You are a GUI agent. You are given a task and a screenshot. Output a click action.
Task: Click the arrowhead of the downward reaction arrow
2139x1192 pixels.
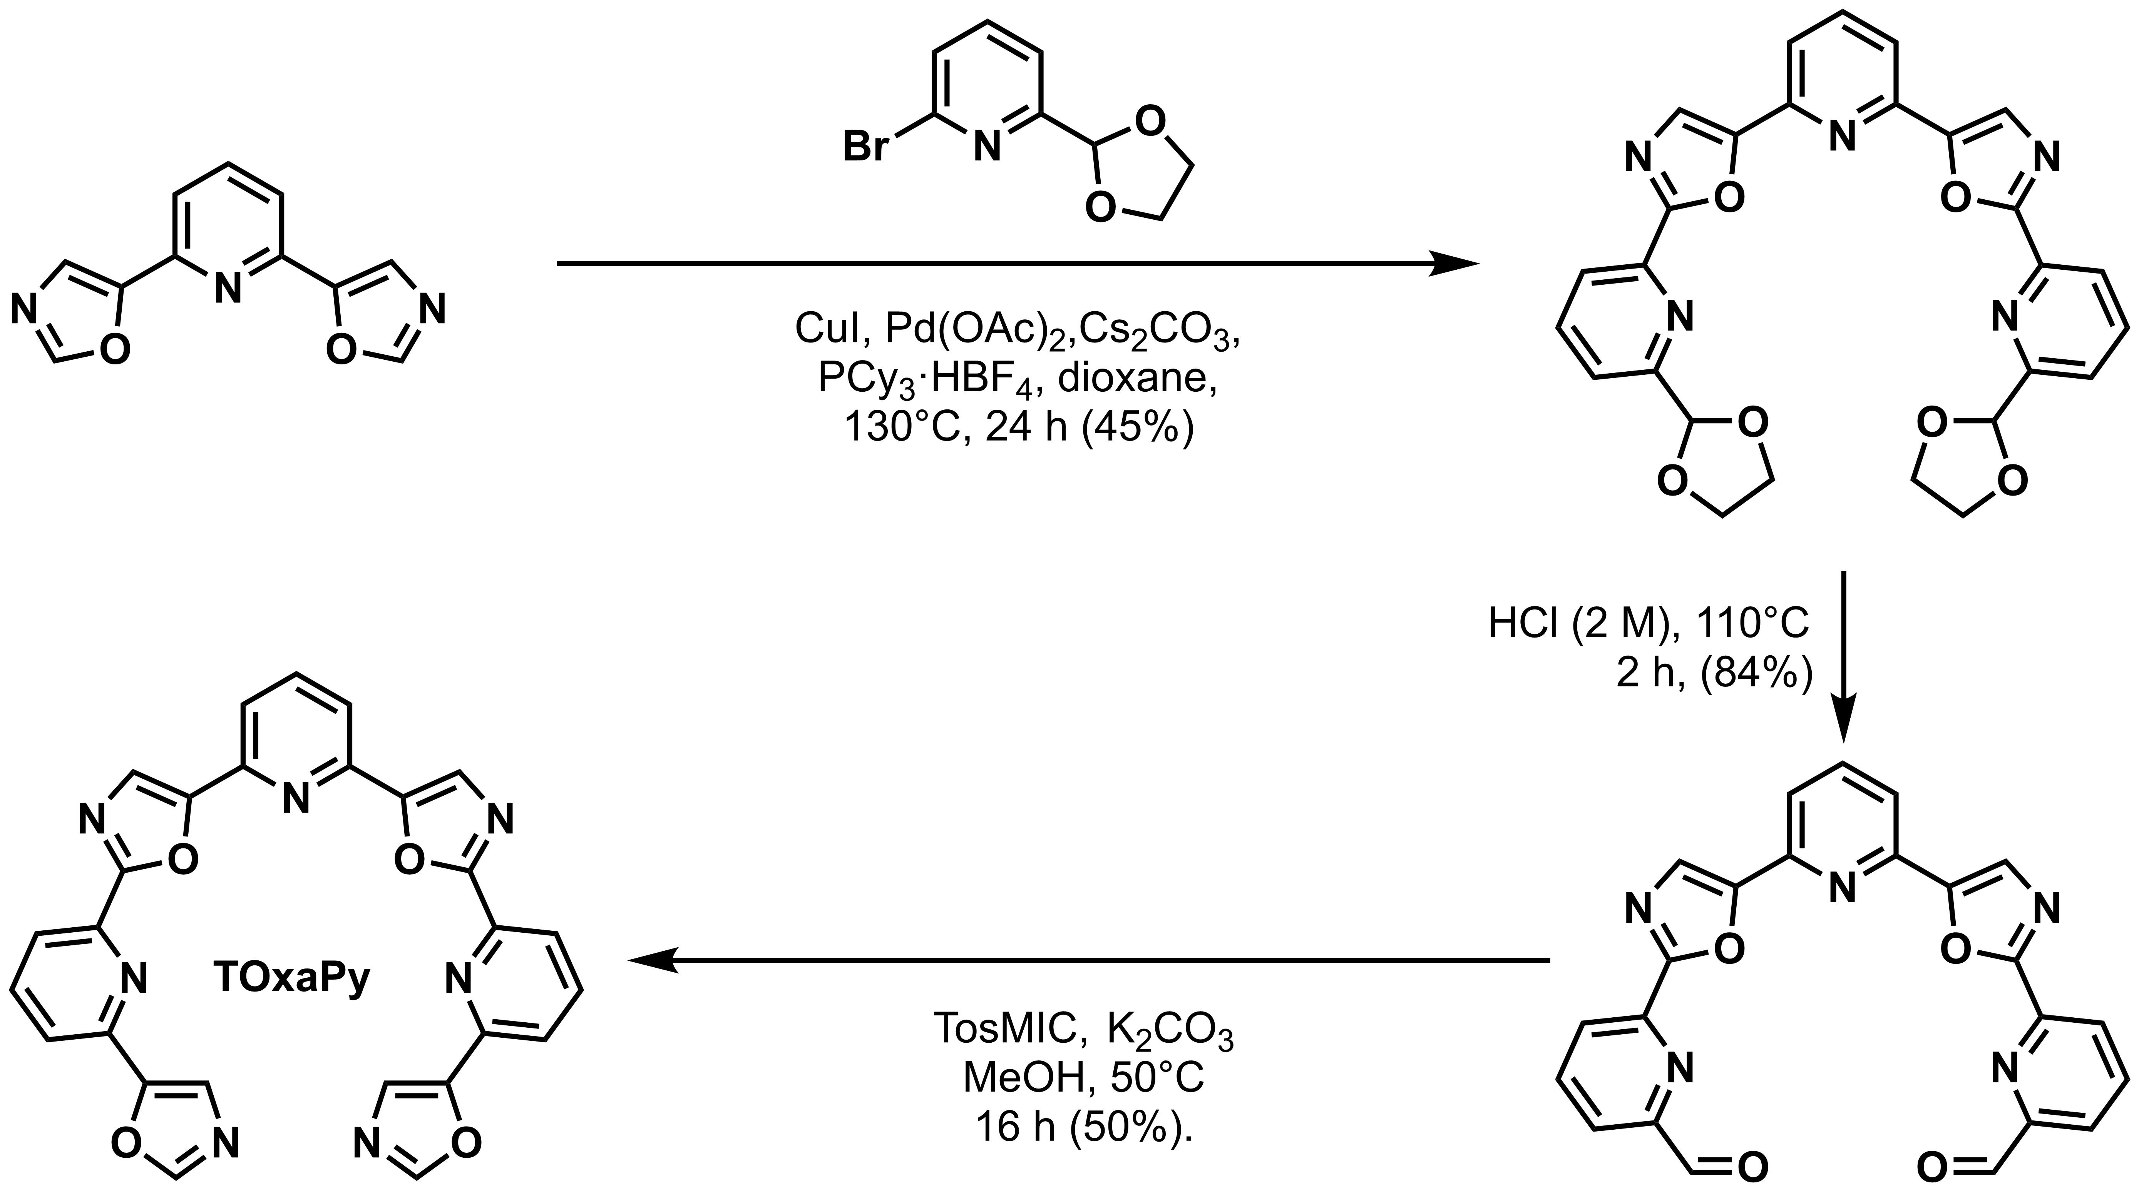[1843, 726]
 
